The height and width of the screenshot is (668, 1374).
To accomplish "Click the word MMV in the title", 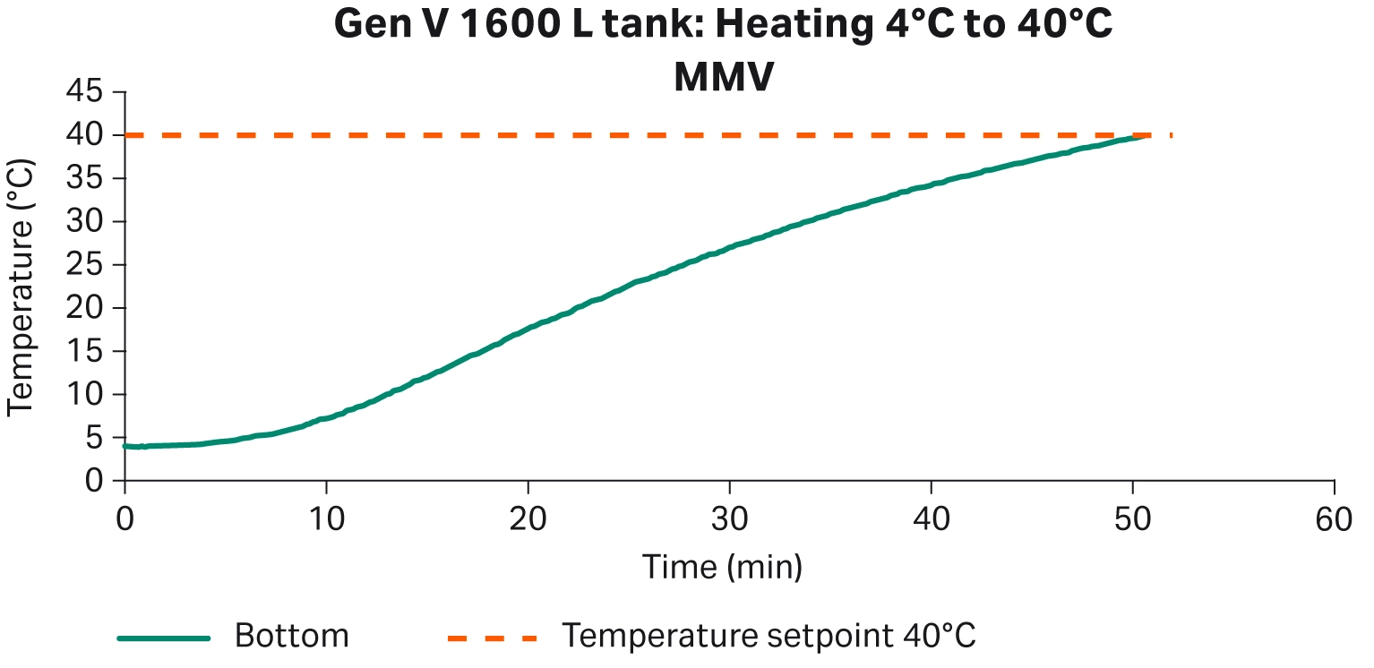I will tap(723, 79).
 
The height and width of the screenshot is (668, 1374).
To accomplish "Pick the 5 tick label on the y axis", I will tap(93, 438).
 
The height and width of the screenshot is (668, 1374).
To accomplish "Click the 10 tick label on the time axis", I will tap(326, 518).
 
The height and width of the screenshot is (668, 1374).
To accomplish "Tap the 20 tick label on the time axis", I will tap(528, 518).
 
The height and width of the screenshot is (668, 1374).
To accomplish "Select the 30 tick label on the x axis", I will tap(730, 518).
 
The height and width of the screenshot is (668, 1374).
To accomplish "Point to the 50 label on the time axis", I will tap(1133, 518).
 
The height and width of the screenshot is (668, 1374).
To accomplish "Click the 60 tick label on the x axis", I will tap(1335, 518).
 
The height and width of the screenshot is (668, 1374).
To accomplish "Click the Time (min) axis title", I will tap(722, 566).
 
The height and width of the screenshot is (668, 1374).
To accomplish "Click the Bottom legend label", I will tap(291, 637).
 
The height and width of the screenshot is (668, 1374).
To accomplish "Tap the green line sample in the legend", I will tap(164, 638).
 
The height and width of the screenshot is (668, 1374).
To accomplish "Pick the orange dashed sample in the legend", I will tap(492, 638).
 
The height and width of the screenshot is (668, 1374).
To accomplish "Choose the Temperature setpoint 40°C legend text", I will tap(769, 637).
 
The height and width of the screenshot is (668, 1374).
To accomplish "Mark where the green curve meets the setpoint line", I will tap(1139, 136).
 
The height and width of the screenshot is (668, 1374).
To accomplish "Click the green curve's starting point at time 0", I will tap(125, 445).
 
